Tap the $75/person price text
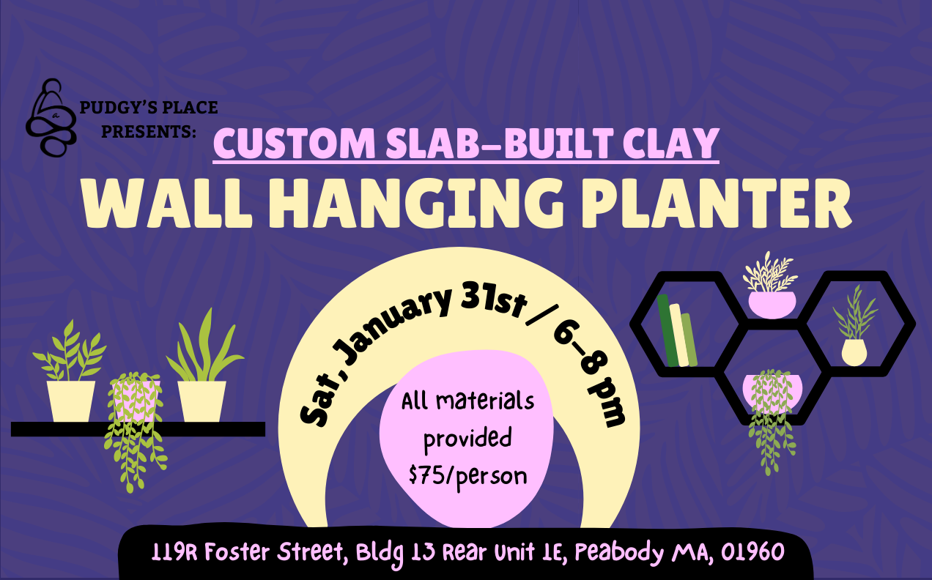pos(467,476)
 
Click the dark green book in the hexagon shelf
pos(667,330)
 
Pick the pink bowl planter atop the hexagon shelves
pos(771,302)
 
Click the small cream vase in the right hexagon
pos(854,352)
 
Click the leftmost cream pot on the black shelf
pos(71,401)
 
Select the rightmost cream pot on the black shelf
pos(201,401)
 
